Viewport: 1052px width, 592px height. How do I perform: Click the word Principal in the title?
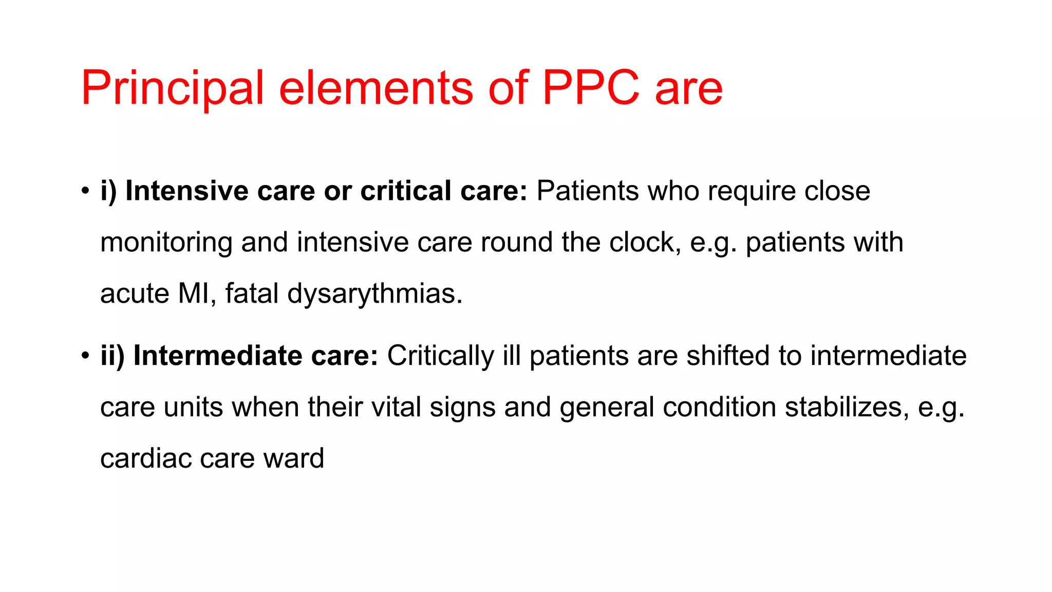tap(173, 88)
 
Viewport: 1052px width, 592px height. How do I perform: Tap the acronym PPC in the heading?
tap(591, 88)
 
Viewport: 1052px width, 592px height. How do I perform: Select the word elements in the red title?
tap(375, 88)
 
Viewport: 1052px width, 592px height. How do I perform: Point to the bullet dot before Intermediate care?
tap(85, 356)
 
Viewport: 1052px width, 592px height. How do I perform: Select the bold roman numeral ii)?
tap(112, 356)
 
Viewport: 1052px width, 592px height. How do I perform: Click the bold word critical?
tap(406, 191)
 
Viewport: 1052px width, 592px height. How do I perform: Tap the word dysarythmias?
tap(374, 294)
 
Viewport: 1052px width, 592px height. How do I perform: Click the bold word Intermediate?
tap(218, 356)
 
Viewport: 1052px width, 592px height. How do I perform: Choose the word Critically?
tap(440, 356)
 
